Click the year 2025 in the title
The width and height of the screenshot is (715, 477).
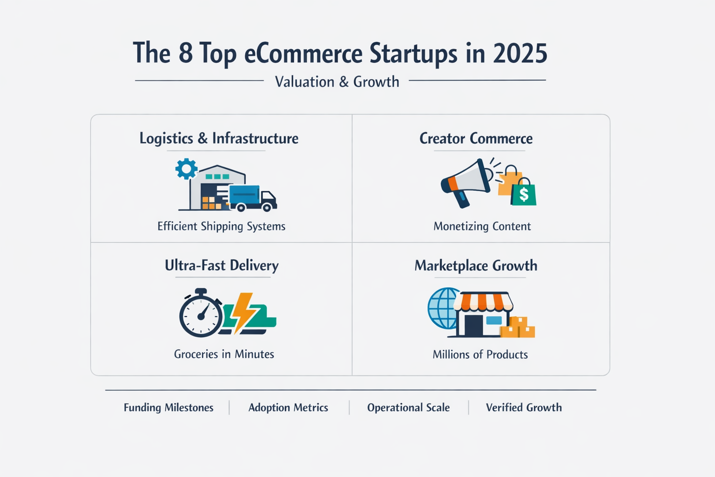click(x=520, y=53)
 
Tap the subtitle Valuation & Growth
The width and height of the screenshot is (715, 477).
click(x=337, y=82)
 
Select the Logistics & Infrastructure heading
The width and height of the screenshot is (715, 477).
click(x=219, y=138)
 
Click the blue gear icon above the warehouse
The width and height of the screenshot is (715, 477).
click(x=186, y=169)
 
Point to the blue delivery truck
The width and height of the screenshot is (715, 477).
click(x=251, y=198)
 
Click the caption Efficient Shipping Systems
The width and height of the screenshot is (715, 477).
click(x=221, y=226)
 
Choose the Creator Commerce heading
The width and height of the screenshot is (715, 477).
click(x=476, y=138)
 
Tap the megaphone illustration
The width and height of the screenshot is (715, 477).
click(x=465, y=182)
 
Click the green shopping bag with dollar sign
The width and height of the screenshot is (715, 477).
click(x=524, y=193)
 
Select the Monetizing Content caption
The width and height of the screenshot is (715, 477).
click(x=482, y=226)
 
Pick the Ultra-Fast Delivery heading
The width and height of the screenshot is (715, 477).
click(x=222, y=266)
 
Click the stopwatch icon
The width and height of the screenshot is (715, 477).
click(x=201, y=313)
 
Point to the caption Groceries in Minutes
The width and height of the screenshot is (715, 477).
click(x=224, y=354)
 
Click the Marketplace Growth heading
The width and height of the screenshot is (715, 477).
click(x=476, y=266)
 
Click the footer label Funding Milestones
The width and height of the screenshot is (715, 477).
click(x=169, y=408)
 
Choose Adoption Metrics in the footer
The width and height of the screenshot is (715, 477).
click(x=288, y=408)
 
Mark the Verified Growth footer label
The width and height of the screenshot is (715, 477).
click(x=524, y=408)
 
